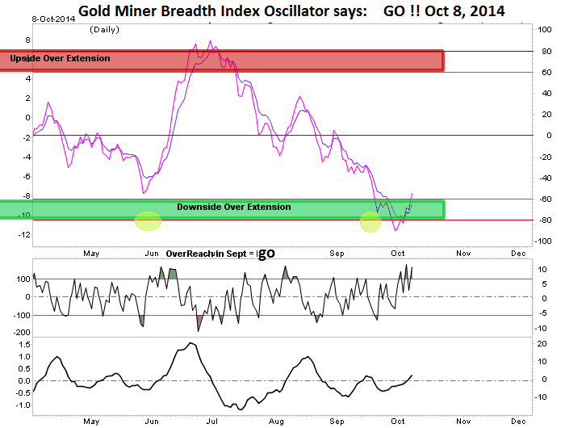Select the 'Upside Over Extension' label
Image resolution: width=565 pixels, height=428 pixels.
tap(61, 59)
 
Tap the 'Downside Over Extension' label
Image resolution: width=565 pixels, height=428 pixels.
tap(233, 208)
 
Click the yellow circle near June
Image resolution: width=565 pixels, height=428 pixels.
tap(148, 220)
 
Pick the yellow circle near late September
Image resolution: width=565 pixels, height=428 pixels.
tap(370, 221)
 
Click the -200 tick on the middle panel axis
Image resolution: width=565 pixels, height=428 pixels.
tap(21, 332)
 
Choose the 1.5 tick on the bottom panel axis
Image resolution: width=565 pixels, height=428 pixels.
tap(24, 343)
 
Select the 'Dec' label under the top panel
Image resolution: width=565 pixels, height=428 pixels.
tap(517, 253)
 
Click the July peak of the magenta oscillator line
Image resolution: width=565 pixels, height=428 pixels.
tap(210, 41)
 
